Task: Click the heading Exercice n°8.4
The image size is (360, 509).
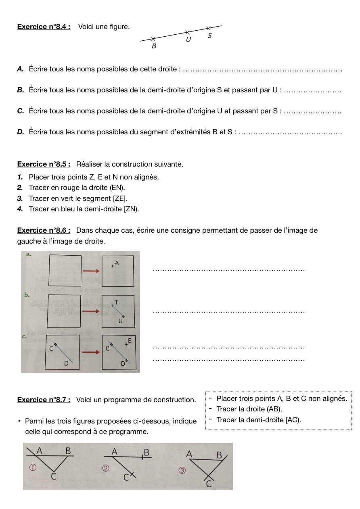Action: [x=44, y=27]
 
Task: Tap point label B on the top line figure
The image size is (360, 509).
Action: [x=154, y=46]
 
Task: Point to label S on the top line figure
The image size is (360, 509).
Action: [x=209, y=35]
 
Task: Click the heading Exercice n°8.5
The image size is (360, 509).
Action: [x=44, y=164]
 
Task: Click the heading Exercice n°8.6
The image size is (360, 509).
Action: [x=44, y=230]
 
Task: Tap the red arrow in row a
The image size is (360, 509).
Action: [x=91, y=271]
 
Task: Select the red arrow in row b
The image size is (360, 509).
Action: [x=91, y=311]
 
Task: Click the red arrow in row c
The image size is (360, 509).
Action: [x=91, y=352]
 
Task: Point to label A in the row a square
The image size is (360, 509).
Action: [x=117, y=263]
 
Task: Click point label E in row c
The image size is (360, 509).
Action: [x=130, y=341]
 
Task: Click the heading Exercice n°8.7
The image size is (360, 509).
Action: [x=44, y=400]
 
